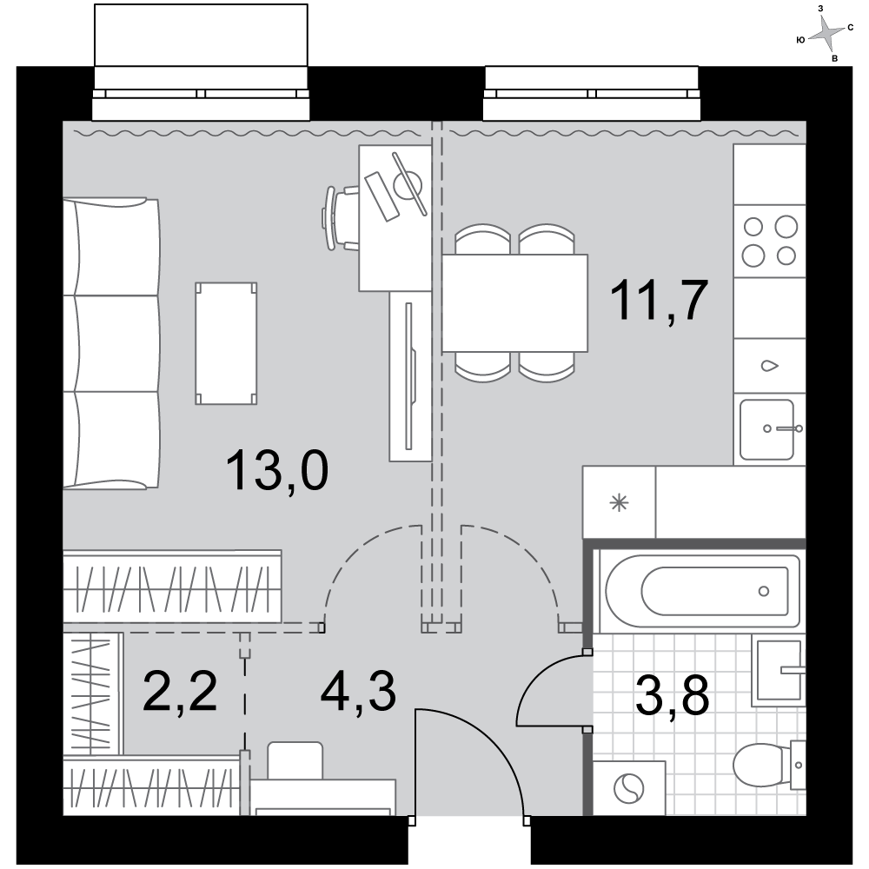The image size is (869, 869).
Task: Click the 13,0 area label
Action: [x=277, y=470]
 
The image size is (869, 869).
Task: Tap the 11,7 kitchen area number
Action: [x=659, y=301]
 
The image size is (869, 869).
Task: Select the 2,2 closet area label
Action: [x=180, y=691]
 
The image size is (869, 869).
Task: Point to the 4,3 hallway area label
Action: [x=359, y=691]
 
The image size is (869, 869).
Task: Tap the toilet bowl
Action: [x=769, y=765]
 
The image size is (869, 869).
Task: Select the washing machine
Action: [x=629, y=787]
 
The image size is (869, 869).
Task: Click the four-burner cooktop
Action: [x=769, y=241]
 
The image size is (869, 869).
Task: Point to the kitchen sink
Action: [x=767, y=429]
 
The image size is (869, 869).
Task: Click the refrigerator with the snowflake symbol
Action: [x=619, y=502]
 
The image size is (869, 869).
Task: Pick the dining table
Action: [x=514, y=302]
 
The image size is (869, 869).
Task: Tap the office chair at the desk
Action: [x=341, y=218]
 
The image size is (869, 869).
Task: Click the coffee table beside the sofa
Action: [x=226, y=343]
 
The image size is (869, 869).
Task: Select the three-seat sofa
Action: [x=111, y=343]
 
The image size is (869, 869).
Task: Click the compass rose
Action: [x=826, y=36]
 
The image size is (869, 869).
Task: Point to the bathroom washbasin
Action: [x=779, y=670]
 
